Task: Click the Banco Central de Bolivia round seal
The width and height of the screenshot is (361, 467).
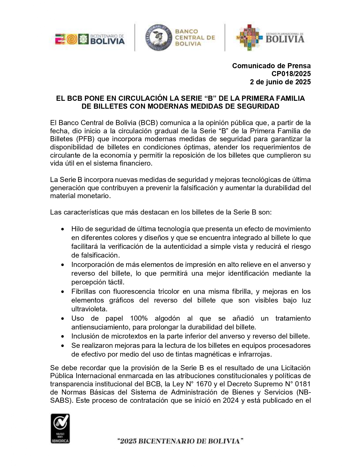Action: [x=158, y=37]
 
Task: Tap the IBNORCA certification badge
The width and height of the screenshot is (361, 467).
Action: [x=60, y=428]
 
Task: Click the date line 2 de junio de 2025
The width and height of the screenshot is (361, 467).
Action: [x=280, y=82]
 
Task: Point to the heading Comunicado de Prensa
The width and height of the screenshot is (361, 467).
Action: [x=271, y=66]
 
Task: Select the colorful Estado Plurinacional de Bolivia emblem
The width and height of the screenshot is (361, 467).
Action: [x=249, y=37]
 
